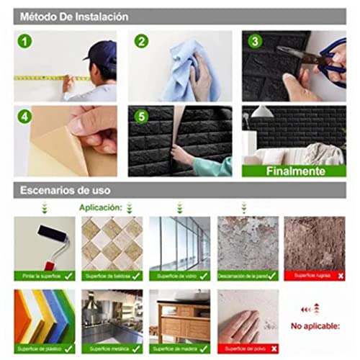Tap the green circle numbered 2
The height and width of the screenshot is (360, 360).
point(142,41)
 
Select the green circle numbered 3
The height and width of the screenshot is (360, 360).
point(254,41)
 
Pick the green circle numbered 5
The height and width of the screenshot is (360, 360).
point(142,116)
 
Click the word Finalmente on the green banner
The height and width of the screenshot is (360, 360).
point(293,171)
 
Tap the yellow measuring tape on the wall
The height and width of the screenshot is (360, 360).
point(50,77)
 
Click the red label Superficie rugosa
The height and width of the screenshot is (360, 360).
point(305,276)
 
